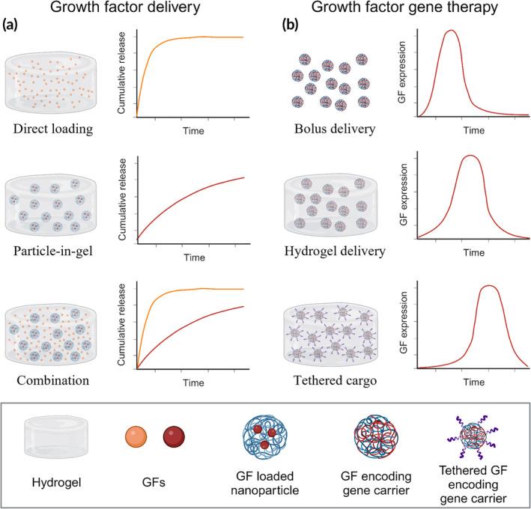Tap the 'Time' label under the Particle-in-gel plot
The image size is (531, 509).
coord(195,257)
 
